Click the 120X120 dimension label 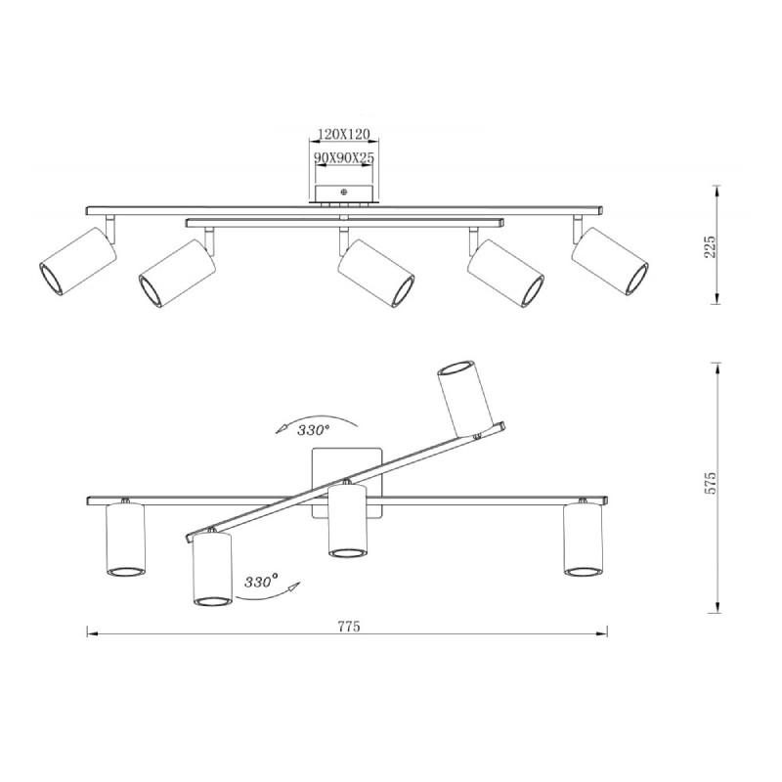tap(344, 134)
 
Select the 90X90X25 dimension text tap(344, 157)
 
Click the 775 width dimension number tap(349, 626)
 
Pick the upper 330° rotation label tap(313, 430)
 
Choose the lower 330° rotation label tap(261, 581)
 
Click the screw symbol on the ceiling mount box tap(343, 192)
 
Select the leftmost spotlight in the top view tap(78, 262)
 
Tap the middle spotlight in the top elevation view tap(375, 274)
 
